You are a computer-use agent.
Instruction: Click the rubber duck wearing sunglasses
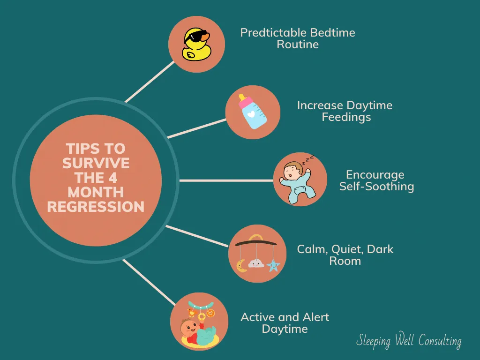tap(196, 45)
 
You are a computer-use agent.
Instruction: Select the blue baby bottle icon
tap(252, 112)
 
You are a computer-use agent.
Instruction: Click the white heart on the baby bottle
tap(251, 114)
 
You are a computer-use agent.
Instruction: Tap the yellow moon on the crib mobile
tap(242, 266)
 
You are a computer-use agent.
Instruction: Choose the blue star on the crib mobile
tap(273, 265)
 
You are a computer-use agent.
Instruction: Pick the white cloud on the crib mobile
tap(256, 263)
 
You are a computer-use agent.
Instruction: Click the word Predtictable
tap(273, 33)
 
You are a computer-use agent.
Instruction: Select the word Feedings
tap(346, 118)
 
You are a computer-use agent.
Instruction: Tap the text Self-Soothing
tap(376, 187)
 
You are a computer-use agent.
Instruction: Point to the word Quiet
tap(347, 249)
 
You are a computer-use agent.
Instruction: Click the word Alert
tap(315, 317)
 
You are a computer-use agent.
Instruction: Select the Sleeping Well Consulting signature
tap(409, 340)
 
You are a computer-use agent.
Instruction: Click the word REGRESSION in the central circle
tap(96, 207)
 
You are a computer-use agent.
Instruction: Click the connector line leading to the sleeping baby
tap(226, 180)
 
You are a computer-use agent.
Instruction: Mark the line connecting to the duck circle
tap(150, 82)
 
